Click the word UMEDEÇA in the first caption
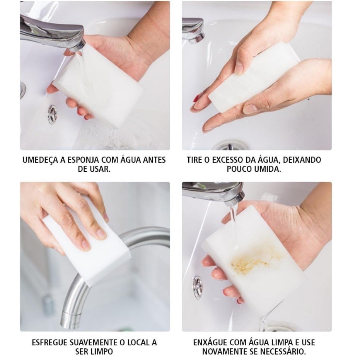coord(40,160)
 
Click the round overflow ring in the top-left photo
coord(53,114)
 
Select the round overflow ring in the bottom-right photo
coord(198,287)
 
